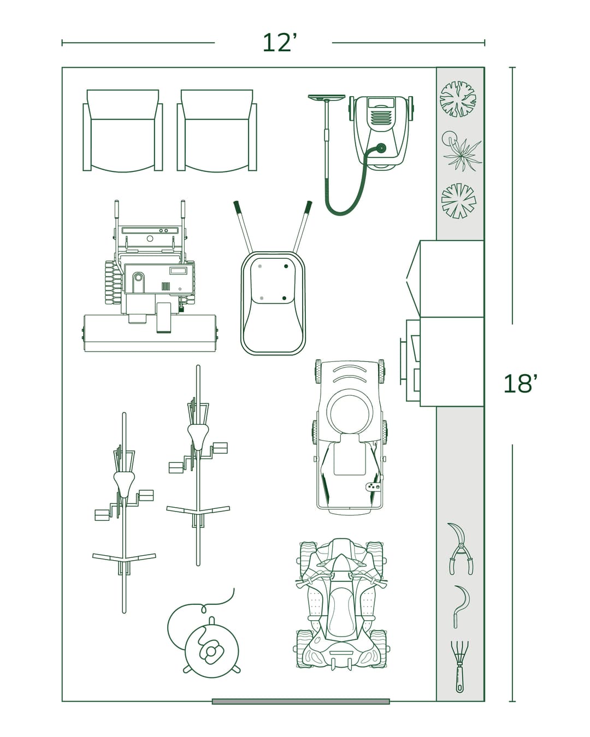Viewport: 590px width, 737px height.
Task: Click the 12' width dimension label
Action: tap(279, 43)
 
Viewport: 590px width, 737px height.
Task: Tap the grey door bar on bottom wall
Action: tap(300, 702)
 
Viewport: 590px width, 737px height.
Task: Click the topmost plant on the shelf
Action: tap(458, 99)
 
